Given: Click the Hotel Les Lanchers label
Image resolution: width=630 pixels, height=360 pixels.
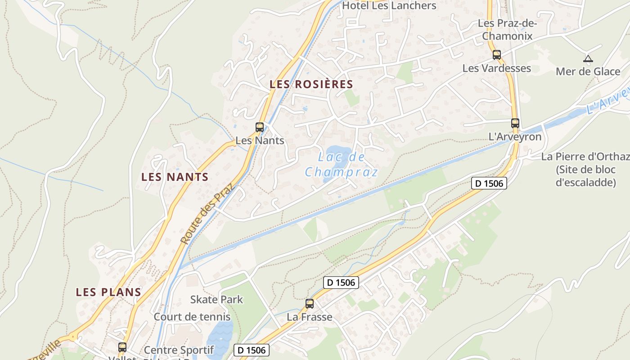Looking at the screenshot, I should tap(389, 6).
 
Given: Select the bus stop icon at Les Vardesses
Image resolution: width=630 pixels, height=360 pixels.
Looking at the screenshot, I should tap(496, 55).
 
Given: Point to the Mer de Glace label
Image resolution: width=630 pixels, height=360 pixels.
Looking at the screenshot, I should tap(588, 72).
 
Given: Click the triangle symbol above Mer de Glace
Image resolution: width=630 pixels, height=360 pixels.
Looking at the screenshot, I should tap(588, 58).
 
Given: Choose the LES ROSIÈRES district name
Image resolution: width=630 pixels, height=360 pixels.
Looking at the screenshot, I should tap(311, 84).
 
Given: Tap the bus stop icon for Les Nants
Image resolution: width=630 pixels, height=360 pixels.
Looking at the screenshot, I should tap(260, 127).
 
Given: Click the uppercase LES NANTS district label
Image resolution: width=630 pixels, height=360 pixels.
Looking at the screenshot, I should tap(175, 177).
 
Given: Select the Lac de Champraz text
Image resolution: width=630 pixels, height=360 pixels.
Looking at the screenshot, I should tap(342, 164).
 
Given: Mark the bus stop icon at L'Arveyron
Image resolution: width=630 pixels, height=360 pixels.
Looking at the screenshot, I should tap(515, 123).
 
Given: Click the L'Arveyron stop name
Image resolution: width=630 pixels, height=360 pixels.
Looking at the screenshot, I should tap(515, 137).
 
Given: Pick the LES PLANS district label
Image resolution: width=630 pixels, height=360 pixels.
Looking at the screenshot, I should tap(108, 292).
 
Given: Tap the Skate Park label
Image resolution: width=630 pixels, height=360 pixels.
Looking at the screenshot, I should tap(216, 299).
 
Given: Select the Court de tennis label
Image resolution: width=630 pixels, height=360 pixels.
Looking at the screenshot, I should tap(192, 316).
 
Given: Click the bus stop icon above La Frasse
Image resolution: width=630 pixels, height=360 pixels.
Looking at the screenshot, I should tap(310, 303).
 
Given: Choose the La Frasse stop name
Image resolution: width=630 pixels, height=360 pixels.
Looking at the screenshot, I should tap(310, 317).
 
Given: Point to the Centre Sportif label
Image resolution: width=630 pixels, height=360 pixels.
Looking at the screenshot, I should tap(179, 350).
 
